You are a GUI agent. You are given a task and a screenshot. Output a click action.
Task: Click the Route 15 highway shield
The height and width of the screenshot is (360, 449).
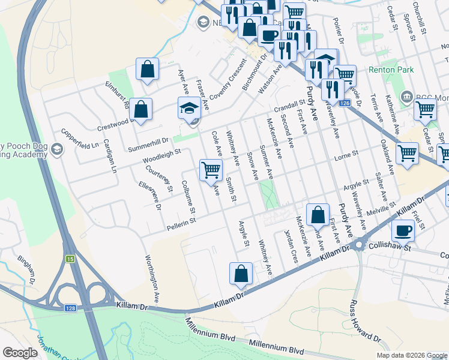coord(70,258)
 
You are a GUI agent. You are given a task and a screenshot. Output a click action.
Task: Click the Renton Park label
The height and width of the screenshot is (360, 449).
coord(391,70)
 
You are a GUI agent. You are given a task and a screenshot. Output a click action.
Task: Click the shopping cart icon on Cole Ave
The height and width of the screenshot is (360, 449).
coord(211,170)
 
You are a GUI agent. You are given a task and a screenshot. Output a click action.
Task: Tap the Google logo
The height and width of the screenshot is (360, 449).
coord(20,353)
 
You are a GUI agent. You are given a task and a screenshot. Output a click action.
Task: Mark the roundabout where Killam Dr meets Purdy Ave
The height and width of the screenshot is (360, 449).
coord(360,245)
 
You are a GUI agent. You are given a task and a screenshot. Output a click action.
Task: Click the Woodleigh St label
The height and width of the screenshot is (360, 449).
coord(161,157)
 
